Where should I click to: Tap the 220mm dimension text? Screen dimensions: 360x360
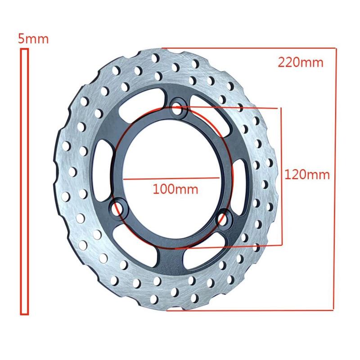(300, 62)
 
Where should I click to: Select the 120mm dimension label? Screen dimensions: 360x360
(307, 175)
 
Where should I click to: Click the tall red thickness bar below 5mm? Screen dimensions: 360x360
(24, 180)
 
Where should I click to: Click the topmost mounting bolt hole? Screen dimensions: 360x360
(178, 108)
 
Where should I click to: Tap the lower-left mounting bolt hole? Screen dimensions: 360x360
(118, 207)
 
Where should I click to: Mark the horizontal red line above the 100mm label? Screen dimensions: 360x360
(171, 179)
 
